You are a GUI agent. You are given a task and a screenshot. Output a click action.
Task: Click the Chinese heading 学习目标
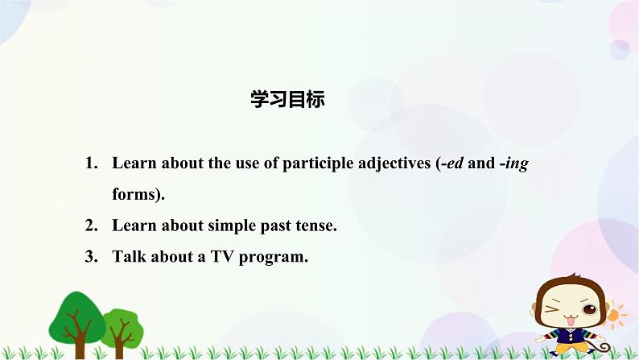[287, 100]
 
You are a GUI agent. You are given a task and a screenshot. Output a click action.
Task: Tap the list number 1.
[90, 163]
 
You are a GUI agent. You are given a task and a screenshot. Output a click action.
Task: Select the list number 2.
[90, 226]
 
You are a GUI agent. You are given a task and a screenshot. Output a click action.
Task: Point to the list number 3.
[90, 257]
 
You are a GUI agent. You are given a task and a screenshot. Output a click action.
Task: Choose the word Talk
[130, 257]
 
